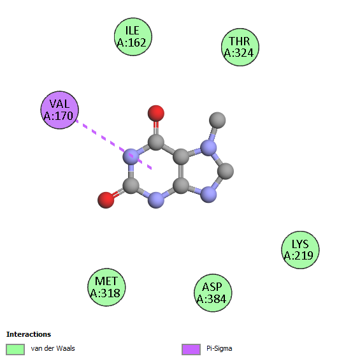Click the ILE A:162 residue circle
point(133,36)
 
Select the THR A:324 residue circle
point(240,47)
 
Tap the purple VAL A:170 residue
point(60,110)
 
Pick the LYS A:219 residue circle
point(300,250)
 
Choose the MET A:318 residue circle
point(106,287)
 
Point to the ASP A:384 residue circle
point(213,293)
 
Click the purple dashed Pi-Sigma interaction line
point(114,145)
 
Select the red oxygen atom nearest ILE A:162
point(156,114)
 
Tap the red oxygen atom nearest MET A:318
point(106,200)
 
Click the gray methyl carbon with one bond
point(217,120)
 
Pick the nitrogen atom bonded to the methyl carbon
point(208,147)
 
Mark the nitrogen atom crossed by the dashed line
point(131,156)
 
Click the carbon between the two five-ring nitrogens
point(226,171)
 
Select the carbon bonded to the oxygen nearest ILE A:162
point(156,142)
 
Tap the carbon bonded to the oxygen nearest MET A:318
point(131,186)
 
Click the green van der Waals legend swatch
point(15,350)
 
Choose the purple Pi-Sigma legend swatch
point(191,350)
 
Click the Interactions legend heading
point(29,334)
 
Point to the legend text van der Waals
point(53,348)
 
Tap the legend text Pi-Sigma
point(219,349)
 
